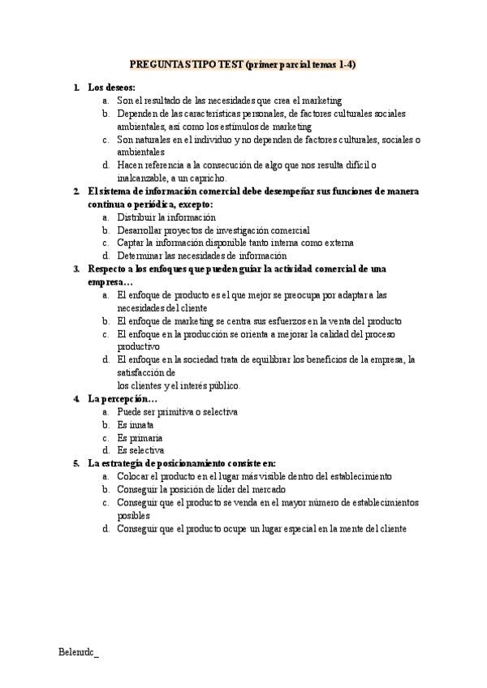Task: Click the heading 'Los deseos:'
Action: [x=111, y=87]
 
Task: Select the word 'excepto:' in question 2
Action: [x=191, y=204]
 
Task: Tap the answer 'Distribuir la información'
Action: [x=166, y=217]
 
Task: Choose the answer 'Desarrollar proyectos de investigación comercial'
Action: [x=213, y=230]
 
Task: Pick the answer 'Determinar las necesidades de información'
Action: [x=202, y=256]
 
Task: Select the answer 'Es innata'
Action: [x=136, y=424]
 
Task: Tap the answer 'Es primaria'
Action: [x=140, y=437]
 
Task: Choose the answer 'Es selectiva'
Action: [x=140, y=449]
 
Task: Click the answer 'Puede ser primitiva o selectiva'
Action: [x=177, y=412]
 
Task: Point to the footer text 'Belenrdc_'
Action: [x=79, y=651]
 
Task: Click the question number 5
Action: [x=75, y=463]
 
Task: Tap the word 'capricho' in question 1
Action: [x=209, y=178]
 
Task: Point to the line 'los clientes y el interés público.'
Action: [x=179, y=385]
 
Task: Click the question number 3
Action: [x=75, y=268]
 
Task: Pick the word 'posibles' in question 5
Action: [x=134, y=515]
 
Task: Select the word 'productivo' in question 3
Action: [x=139, y=346]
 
